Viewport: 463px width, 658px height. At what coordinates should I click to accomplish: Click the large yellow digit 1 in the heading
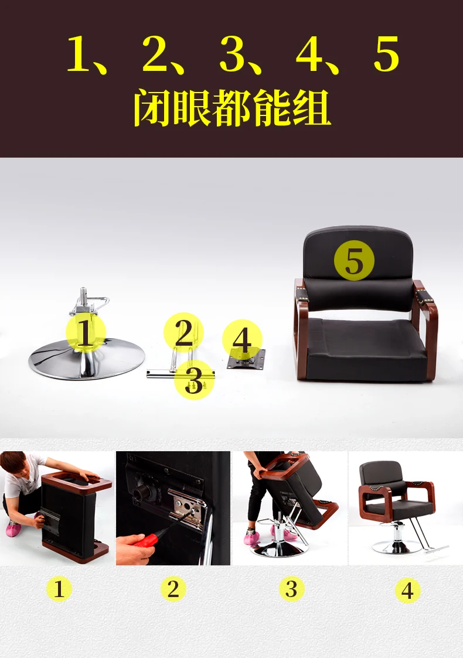pos(80,54)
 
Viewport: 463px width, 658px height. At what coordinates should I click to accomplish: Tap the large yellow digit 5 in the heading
pos(386,54)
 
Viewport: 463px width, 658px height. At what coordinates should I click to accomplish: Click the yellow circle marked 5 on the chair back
pos(354,261)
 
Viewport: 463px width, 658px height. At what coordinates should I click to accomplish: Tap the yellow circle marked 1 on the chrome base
pos(86,333)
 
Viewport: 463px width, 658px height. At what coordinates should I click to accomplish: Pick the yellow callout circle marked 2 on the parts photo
pos(183,332)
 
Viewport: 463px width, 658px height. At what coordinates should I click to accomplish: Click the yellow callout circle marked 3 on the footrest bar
pos(194,380)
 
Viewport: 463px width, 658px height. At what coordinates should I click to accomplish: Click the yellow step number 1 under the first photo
pos(59,589)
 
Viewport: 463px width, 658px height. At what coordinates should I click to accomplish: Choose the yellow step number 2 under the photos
pos(173,589)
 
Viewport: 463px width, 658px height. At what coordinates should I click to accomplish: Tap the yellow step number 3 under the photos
pos(291,589)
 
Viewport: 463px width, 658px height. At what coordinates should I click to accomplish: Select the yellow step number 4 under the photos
pos(407,590)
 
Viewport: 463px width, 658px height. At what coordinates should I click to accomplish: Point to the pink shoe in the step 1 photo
pos(13,529)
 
